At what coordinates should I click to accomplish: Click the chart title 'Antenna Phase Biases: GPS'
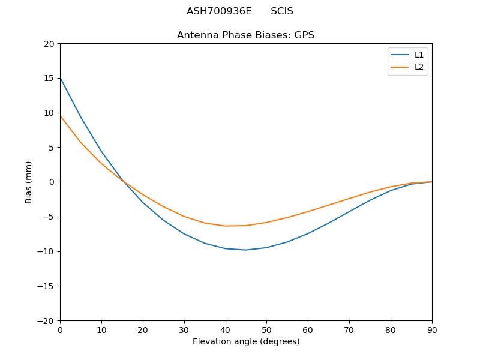point(245,35)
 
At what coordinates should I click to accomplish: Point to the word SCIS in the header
point(282,11)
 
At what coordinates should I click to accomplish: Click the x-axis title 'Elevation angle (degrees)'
point(246,342)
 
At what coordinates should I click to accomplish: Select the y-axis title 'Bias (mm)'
point(29,182)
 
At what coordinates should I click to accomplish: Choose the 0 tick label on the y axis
point(52,182)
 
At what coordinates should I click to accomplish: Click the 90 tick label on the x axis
point(432,330)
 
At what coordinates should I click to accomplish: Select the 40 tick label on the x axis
point(226,330)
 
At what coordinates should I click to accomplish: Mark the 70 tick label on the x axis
point(349,330)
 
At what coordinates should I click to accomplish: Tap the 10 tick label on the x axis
point(101,330)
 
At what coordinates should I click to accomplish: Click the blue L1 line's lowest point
point(246,250)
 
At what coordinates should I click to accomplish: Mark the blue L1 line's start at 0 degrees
point(60,77)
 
